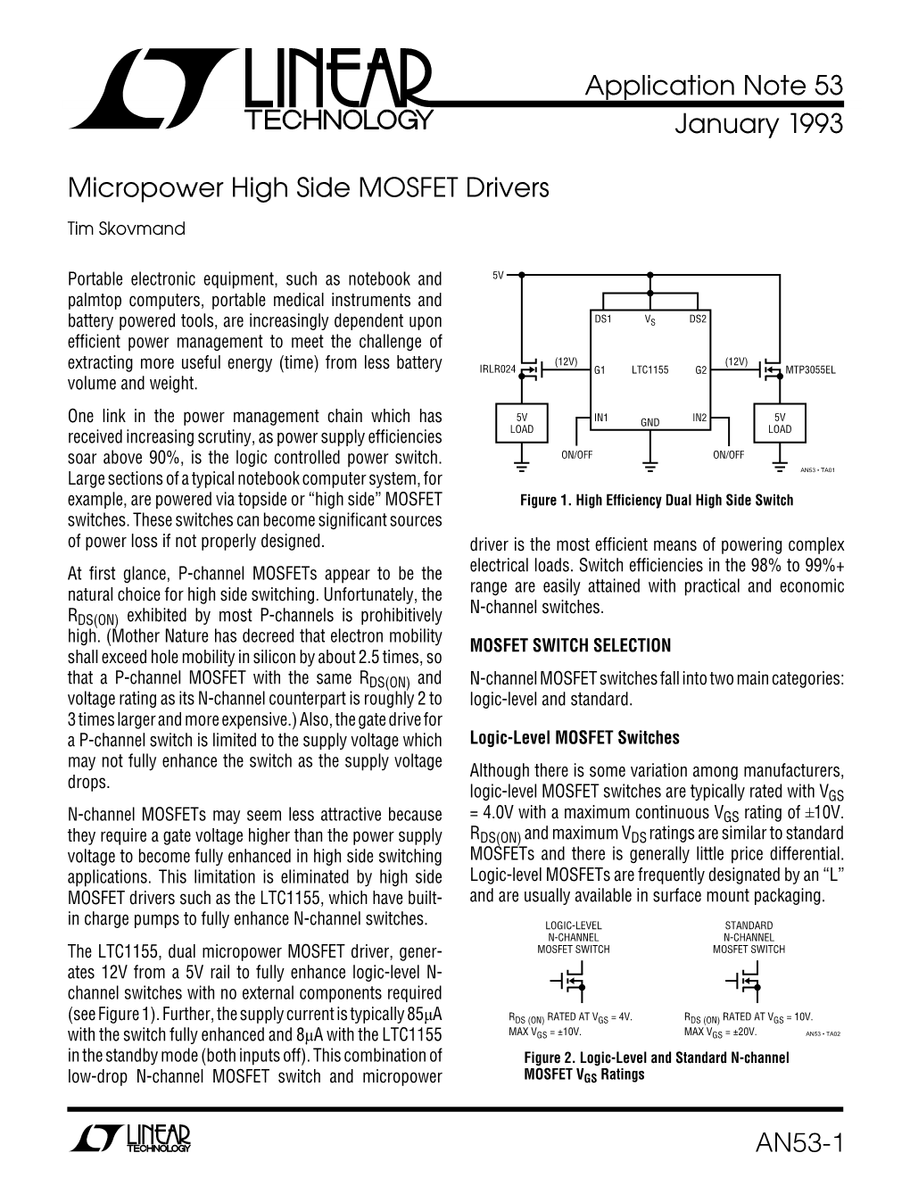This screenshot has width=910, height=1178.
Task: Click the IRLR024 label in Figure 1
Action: click(x=497, y=369)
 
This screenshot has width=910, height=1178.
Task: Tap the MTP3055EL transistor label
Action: click(x=810, y=369)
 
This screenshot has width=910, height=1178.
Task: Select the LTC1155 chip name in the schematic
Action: click(x=649, y=369)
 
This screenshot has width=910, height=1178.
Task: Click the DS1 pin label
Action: click(x=602, y=319)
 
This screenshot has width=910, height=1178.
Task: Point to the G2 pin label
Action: click(x=700, y=369)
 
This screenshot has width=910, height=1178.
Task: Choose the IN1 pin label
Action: click(x=601, y=418)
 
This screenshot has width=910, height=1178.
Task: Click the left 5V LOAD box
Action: click(x=522, y=424)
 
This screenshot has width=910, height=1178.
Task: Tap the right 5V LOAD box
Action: click(x=779, y=424)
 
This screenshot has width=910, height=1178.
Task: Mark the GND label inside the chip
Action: click(x=649, y=422)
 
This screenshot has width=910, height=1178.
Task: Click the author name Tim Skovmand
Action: click(x=127, y=228)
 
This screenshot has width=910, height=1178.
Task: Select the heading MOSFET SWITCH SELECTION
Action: click(x=569, y=645)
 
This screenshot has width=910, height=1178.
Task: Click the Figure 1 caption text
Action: click(x=656, y=500)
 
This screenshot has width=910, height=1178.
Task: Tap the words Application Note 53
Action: click(x=714, y=87)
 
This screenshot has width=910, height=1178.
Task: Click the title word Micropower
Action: click(x=122, y=189)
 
